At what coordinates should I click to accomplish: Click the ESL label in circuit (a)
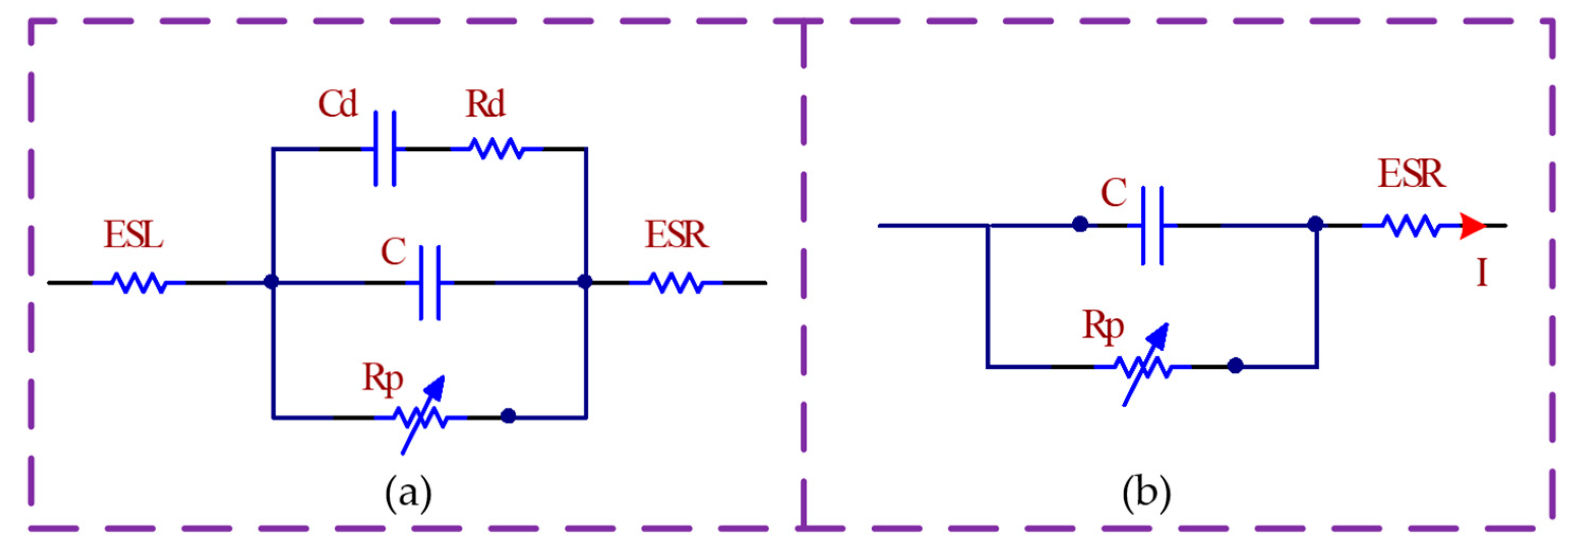133,235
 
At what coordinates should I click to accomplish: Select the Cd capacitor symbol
385,149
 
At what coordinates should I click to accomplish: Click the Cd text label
337,105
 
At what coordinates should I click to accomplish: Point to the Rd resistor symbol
496,149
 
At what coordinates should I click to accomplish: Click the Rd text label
485,105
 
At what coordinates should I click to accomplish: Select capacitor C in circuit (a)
430,282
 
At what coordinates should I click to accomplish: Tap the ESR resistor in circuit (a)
676,282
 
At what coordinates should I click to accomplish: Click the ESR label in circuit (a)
677,235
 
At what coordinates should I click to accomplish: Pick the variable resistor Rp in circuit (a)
422,417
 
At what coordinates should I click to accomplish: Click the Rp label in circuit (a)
383,379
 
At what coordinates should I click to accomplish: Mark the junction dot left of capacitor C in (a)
271,281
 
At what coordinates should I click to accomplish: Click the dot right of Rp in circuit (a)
508,416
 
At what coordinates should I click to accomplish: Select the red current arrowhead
1472,226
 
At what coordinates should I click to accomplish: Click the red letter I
1482,273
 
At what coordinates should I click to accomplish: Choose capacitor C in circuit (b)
1152,226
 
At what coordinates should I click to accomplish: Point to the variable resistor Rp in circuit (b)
1143,367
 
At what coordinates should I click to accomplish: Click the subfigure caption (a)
408,493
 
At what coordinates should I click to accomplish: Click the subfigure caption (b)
1146,493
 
